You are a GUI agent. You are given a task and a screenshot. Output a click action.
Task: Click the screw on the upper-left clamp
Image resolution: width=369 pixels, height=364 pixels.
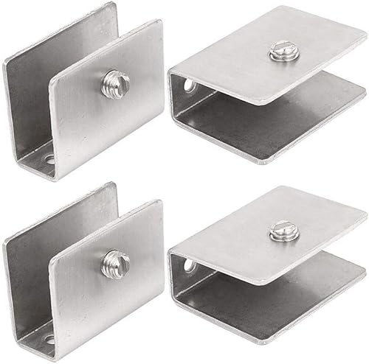[x=116, y=83]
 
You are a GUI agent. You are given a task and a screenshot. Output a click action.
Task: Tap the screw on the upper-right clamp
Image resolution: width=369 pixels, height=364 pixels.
[x=283, y=51]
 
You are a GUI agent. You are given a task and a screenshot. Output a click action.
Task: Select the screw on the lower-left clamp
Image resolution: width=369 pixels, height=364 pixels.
[x=116, y=260]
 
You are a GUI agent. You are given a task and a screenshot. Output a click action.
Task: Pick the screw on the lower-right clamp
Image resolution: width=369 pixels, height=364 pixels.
[x=283, y=231]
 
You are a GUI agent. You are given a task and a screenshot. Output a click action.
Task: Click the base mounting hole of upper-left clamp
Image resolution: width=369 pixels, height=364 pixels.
[x=49, y=159]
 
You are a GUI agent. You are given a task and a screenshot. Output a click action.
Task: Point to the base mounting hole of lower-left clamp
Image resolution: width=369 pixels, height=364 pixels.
[x=49, y=340]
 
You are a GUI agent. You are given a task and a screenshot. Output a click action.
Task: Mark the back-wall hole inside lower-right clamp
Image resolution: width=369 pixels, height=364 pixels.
[x=190, y=265]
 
